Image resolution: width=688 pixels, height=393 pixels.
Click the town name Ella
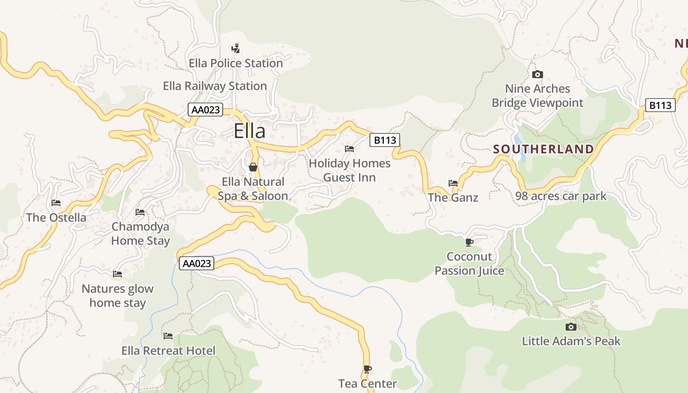[x=249, y=131]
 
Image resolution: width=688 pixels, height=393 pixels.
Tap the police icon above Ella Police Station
[x=236, y=49]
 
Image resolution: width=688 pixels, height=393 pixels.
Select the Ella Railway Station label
[x=215, y=86]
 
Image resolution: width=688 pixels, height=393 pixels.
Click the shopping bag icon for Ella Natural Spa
[x=253, y=167]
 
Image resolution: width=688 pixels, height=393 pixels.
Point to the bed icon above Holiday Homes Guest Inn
[x=349, y=148]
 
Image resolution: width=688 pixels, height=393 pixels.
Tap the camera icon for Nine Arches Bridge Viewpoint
[x=538, y=74]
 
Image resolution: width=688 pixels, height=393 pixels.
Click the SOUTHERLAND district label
[x=543, y=149]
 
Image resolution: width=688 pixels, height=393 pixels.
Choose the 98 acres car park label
[x=561, y=196]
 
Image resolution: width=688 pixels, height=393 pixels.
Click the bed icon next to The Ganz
[x=453, y=183]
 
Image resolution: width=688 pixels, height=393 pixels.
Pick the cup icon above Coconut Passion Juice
[x=469, y=242]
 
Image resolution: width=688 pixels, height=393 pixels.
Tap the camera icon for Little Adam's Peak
[x=571, y=327]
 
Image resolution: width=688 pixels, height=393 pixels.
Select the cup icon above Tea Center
[x=367, y=369]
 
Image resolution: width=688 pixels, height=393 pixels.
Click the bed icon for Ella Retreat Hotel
[x=168, y=336]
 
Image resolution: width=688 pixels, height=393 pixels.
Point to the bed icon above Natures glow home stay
[x=117, y=274]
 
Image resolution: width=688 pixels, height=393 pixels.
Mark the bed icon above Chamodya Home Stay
[x=140, y=212]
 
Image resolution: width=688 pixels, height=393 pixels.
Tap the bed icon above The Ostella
[x=56, y=203]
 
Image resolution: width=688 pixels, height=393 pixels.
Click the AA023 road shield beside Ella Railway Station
[x=205, y=110]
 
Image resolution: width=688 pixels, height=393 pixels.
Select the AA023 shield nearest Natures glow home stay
[x=197, y=263]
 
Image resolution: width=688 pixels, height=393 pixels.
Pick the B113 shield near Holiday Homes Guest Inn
[x=385, y=140]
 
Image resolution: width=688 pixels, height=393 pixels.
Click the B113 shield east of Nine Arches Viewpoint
[x=659, y=105]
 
